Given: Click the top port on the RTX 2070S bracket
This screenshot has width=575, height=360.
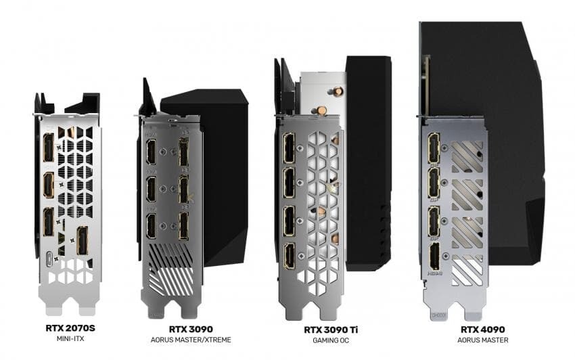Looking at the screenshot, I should click(x=49, y=147).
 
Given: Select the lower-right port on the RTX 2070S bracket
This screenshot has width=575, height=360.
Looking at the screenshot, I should click(x=82, y=241).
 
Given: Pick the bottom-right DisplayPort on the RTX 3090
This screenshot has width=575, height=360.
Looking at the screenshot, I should click(x=183, y=226).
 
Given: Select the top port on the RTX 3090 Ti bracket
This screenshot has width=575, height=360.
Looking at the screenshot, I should click(x=289, y=148).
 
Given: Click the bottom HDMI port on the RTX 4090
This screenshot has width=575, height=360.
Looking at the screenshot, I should click(x=434, y=258).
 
